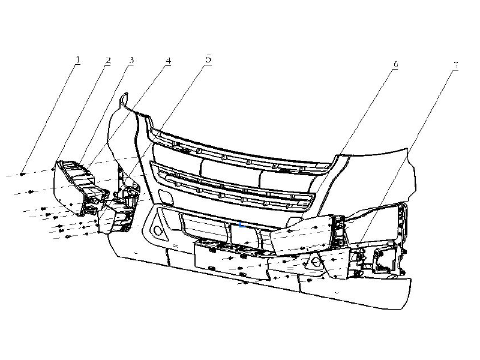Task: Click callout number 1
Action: tap(78, 59)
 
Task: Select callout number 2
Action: tap(107, 61)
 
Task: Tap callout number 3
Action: tap(131, 60)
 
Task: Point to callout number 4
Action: tap(168, 61)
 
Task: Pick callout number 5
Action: tap(208, 58)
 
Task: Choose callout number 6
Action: tap(395, 64)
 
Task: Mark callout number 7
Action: tap(456, 65)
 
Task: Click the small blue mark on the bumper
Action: tap(242, 225)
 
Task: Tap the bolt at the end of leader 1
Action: tap(22, 174)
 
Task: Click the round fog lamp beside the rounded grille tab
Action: tap(158, 230)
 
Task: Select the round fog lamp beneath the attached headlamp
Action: tap(316, 263)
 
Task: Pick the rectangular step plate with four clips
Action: tap(232, 260)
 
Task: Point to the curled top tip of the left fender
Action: tap(124, 97)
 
